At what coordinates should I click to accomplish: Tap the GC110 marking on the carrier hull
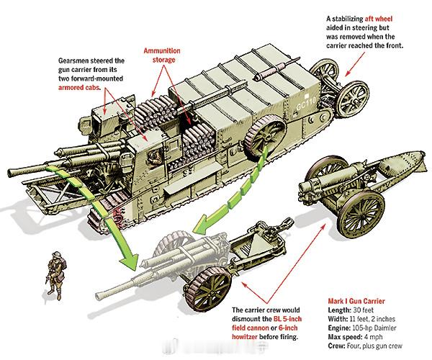pyautogui.click(x=306, y=103)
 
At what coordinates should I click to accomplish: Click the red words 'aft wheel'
pyautogui.click(x=379, y=19)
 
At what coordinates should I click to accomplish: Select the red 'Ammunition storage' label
pyautogui.click(x=163, y=55)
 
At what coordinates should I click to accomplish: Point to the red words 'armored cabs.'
pyautogui.click(x=78, y=88)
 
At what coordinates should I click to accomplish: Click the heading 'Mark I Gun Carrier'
pyautogui.click(x=356, y=301)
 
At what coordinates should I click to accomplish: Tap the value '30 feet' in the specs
pyautogui.click(x=363, y=310)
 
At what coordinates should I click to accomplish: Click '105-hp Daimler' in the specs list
pyautogui.click(x=374, y=328)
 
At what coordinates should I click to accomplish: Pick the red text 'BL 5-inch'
pyautogui.click(x=287, y=319)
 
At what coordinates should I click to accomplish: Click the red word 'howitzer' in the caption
pyautogui.click(x=245, y=337)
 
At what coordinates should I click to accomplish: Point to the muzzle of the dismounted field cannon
pyautogui.click(x=99, y=296)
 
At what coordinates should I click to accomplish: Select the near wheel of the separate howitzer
pyautogui.click(x=361, y=213)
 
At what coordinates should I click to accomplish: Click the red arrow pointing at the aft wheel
pyautogui.click(x=355, y=64)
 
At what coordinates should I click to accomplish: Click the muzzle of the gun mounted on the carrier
pyautogui.click(x=11, y=173)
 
